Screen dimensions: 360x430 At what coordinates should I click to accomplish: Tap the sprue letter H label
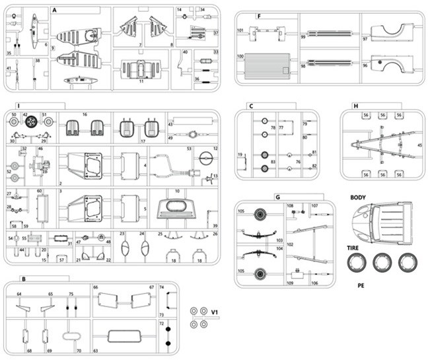[x=355, y=106]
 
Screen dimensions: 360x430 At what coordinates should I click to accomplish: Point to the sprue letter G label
[x=278, y=197]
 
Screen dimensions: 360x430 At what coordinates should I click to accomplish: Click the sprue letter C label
[x=251, y=106]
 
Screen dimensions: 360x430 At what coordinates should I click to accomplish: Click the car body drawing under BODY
[x=380, y=221]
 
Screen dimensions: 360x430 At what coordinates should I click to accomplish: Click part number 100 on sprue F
[x=240, y=57]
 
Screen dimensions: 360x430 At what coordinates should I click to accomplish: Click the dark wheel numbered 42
[x=31, y=121]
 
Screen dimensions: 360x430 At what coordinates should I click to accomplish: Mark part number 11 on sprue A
[x=141, y=81]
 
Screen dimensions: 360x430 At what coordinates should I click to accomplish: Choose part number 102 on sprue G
[x=289, y=244]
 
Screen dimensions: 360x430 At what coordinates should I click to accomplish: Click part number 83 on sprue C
[x=273, y=162]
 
